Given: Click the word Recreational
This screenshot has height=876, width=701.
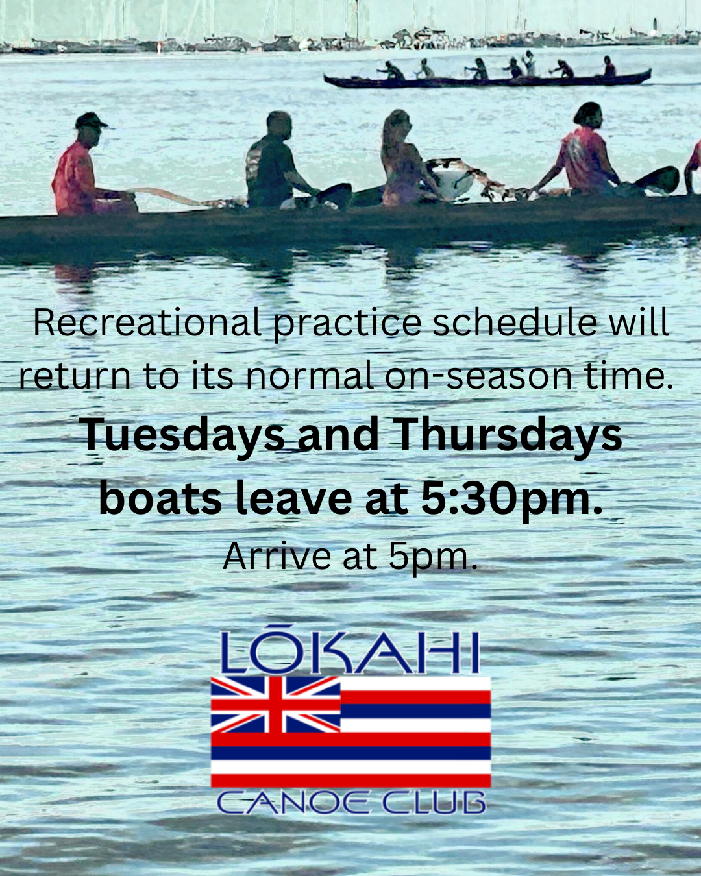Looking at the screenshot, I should tap(147, 322).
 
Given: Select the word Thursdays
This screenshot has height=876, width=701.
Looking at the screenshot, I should tap(508, 435).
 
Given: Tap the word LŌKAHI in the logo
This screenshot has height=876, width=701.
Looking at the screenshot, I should tap(350, 653).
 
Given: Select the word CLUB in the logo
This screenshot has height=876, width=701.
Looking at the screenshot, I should tap(433, 803).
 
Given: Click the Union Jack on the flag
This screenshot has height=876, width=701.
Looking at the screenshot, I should tap(276, 704).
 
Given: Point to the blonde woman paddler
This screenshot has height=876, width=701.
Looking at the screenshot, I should tap(402, 159).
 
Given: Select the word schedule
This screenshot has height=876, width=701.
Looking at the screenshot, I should tap(515, 322).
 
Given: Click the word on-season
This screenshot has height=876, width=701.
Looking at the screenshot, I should tap(480, 376).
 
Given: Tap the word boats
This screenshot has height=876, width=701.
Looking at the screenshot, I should tap(160, 499).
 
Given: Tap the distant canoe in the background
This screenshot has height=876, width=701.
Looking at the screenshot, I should tap(487, 80).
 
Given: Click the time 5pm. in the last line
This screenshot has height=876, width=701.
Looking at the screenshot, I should tap(433, 557).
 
